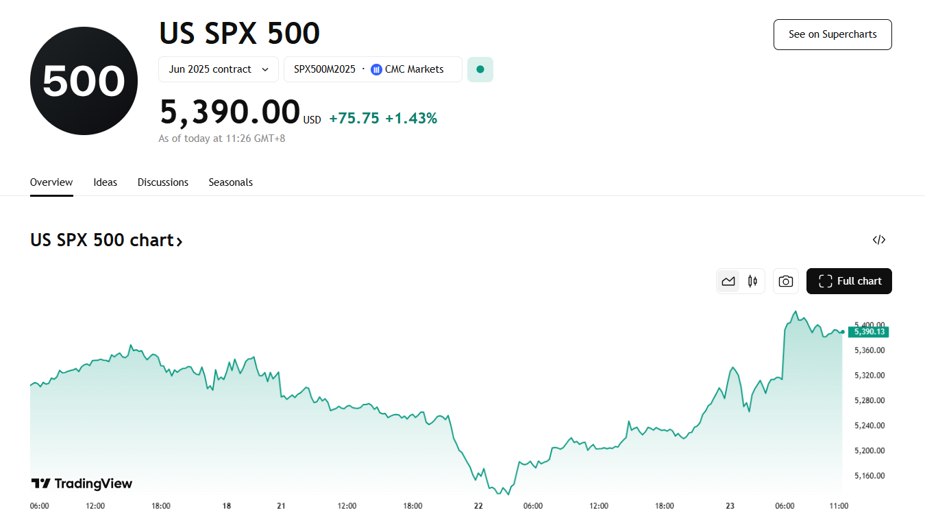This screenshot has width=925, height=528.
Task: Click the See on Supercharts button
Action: coord(832,34)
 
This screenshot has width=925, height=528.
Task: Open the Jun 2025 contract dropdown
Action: coord(218,69)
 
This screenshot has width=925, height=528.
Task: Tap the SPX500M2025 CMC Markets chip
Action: coord(373,69)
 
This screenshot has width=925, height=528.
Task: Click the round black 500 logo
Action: coord(84,81)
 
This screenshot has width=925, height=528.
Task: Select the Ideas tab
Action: coord(106,182)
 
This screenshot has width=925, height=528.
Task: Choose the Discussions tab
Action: coord(163,182)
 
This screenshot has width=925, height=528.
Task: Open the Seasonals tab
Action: coord(231,182)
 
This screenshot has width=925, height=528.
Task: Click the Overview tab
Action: coord(51,182)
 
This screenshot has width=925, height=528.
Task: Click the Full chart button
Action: coord(849,281)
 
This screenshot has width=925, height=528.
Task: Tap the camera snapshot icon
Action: coord(786,281)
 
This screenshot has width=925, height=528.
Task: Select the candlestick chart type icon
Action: coord(752,281)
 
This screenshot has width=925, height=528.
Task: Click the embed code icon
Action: coord(879,240)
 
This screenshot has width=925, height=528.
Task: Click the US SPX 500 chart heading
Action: coord(106,241)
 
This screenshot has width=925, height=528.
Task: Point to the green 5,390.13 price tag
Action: coord(867,332)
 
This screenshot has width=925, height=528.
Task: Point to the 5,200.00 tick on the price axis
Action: coord(869,451)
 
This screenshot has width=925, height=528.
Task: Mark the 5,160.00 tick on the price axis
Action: coord(869,476)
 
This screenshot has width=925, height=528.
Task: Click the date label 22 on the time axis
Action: coord(478,506)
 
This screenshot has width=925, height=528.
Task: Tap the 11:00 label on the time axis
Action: coord(839,506)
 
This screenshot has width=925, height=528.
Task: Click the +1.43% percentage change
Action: coord(411,119)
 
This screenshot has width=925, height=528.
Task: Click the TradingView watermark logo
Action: coord(82,483)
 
